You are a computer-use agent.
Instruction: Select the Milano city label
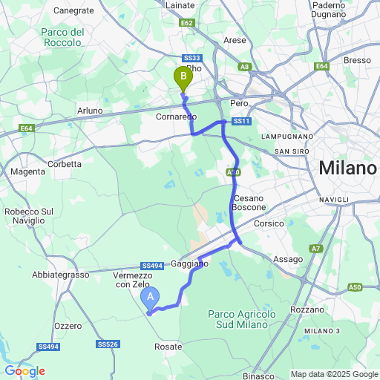point(347,168)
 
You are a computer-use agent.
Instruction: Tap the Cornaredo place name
point(176,117)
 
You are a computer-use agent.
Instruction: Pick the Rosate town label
point(168,347)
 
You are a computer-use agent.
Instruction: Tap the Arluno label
point(90,111)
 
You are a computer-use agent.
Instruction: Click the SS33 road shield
point(191,58)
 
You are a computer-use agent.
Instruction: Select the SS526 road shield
point(108,344)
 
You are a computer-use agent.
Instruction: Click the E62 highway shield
point(187,23)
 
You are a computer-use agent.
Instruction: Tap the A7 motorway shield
point(317,249)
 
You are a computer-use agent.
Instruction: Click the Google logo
point(24,370)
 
